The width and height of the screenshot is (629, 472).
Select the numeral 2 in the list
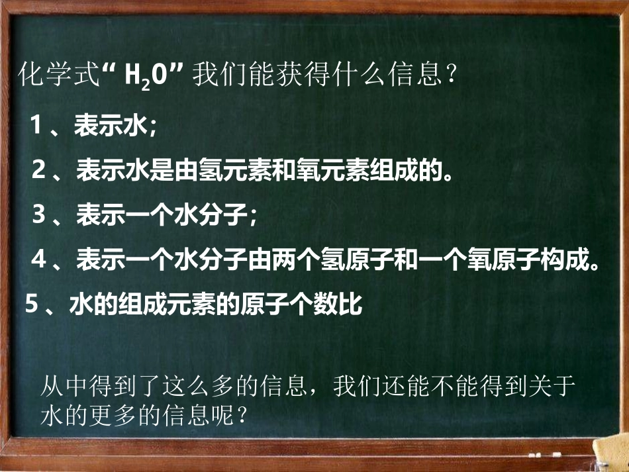(39, 170)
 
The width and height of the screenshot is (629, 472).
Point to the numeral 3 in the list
(39, 214)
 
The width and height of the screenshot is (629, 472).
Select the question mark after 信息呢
(243, 416)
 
